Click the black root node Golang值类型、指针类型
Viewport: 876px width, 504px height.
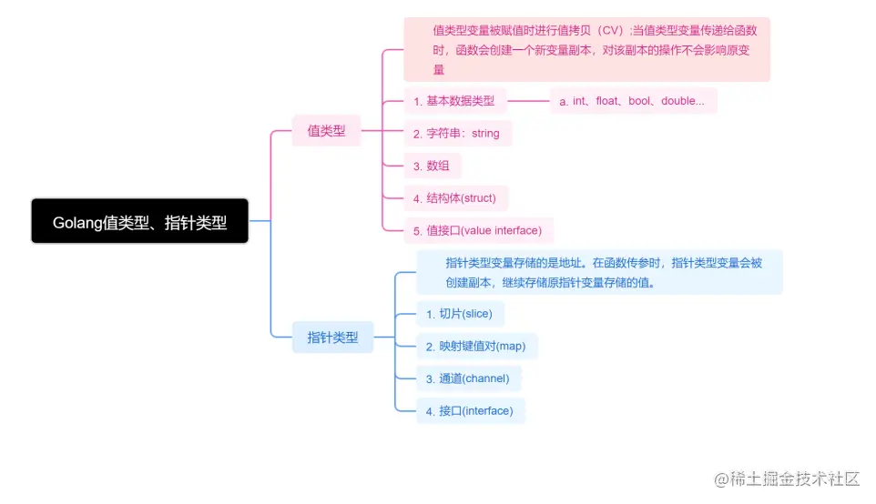point(139,221)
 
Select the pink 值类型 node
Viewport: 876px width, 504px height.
point(326,131)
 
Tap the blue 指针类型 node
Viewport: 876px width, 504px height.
point(332,338)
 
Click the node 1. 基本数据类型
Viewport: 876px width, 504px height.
point(454,101)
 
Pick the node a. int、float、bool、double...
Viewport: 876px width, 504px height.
point(632,101)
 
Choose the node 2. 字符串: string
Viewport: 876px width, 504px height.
point(457,134)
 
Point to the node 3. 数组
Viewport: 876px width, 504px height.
point(432,166)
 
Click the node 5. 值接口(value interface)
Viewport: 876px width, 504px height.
point(478,230)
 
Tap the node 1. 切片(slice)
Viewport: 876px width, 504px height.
point(460,314)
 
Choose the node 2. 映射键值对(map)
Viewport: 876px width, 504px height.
point(476,347)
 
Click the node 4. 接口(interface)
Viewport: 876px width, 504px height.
point(470,411)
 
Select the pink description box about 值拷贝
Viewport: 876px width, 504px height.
point(586,49)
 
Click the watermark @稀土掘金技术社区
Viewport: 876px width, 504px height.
point(787,479)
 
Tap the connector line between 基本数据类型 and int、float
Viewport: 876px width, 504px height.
point(528,101)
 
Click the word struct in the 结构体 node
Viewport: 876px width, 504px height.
point(480,197)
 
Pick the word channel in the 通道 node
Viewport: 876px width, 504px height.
point(486,378)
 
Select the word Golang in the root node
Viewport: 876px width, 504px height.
point(77,222)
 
